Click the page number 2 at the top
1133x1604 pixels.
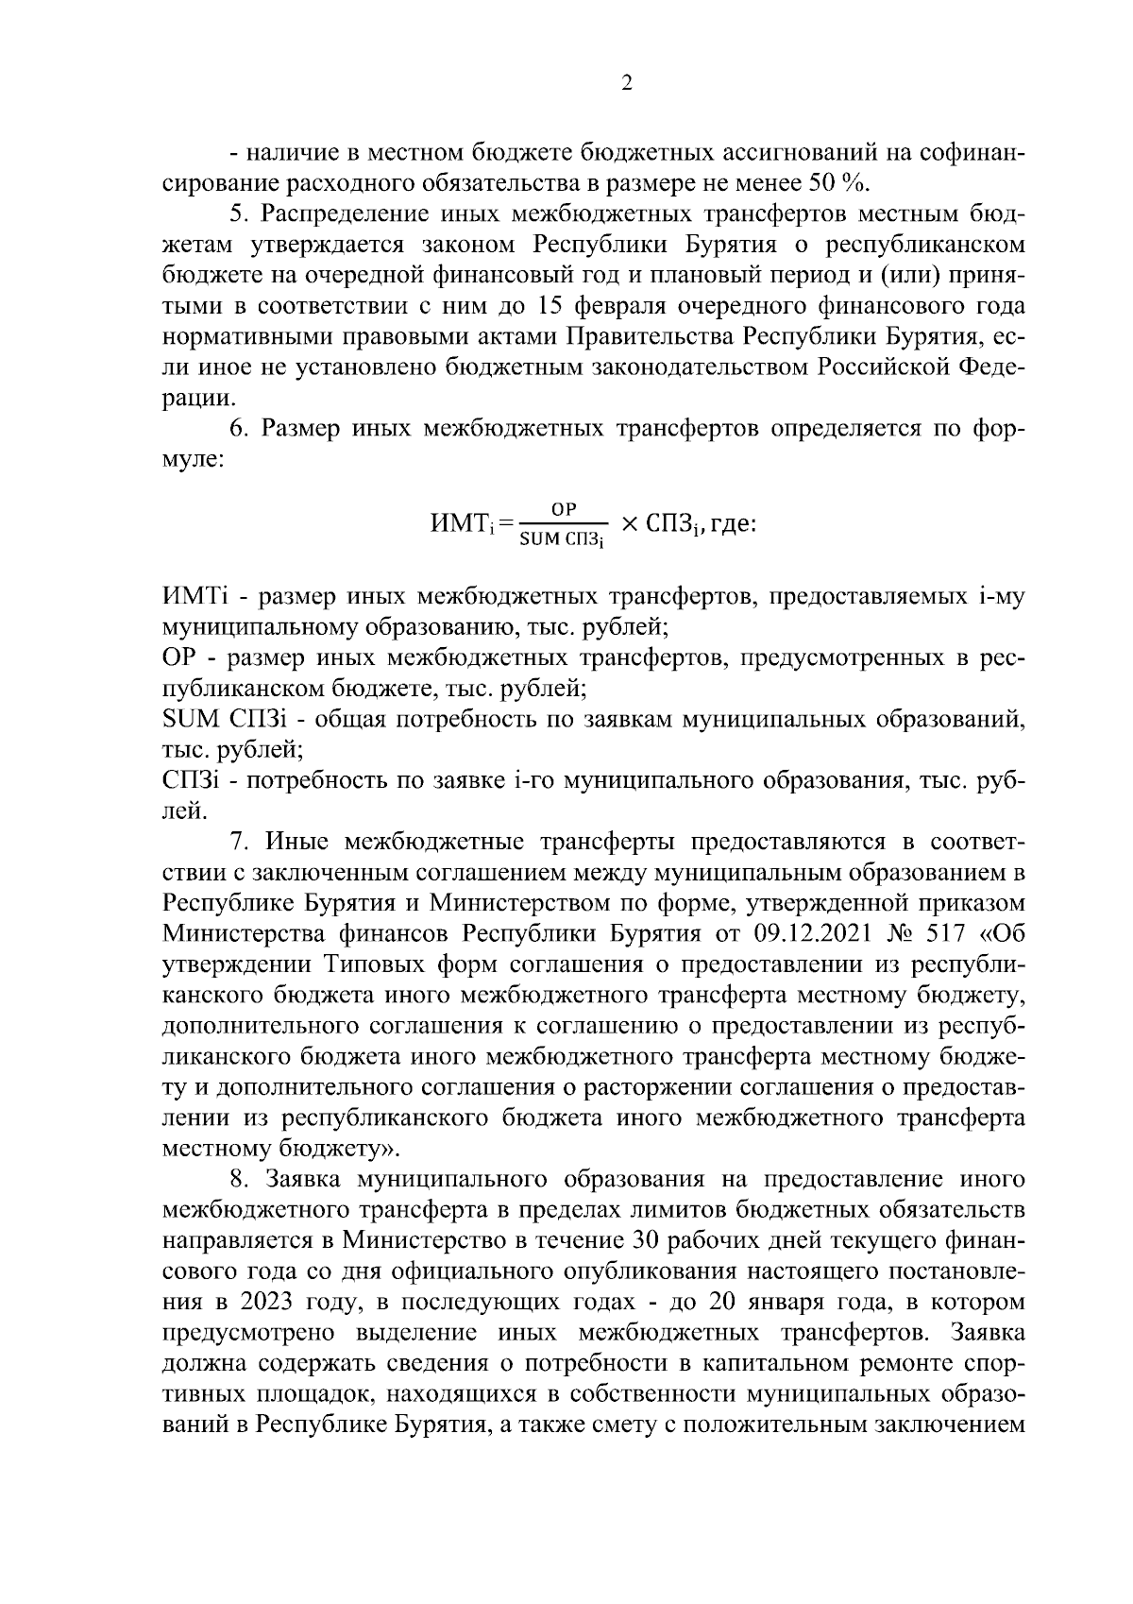point(627,83)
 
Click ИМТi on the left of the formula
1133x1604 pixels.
point(459,522)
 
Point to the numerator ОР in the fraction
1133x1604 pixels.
point(564,508)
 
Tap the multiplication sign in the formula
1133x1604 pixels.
point(630,522)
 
